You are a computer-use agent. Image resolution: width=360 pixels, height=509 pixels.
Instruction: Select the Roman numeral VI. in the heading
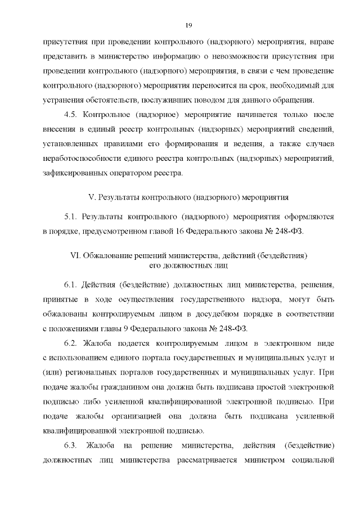(x=75, y=255)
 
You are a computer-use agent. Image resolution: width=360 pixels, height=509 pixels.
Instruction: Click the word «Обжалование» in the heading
(x=106, y=255)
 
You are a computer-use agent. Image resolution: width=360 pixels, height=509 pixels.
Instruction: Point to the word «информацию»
(x=169, y=56)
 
